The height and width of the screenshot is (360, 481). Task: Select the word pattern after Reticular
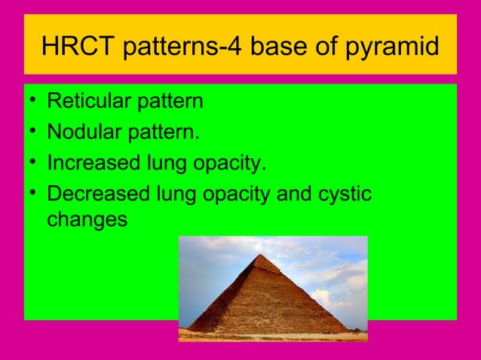pyautogui.click(x=170, y=101)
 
